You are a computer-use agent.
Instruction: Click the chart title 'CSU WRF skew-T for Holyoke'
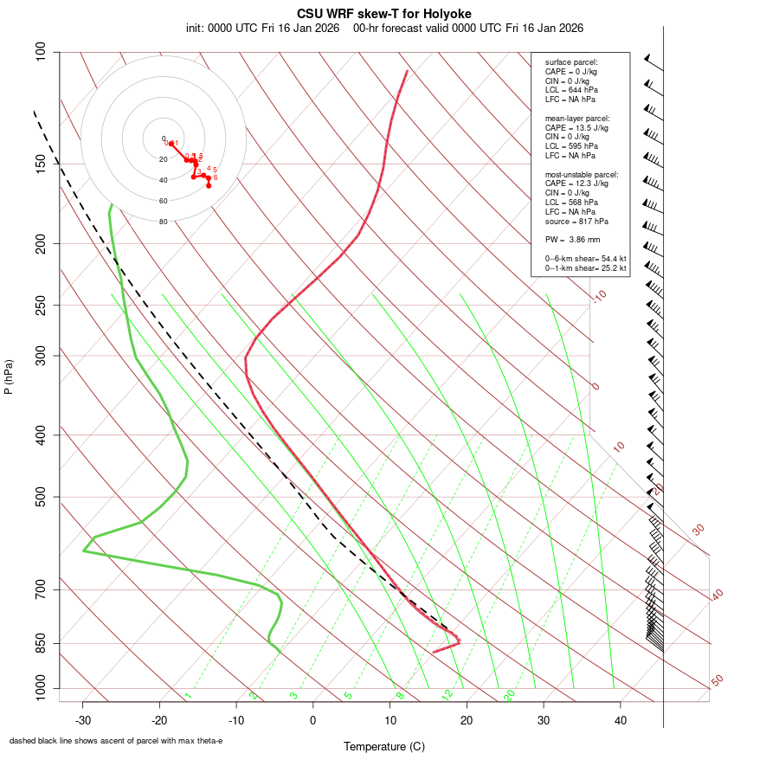point(383,14)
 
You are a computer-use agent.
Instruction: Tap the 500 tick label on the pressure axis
point(42,497)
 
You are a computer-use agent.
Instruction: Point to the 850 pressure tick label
point(42,643)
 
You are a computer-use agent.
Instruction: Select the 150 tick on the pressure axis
point(42,164)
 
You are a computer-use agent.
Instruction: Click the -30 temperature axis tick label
point(83,720)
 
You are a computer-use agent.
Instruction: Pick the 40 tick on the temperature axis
point(620,720)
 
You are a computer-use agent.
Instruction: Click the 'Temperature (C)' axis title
point(383,746)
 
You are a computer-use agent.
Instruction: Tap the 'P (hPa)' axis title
point(9,377)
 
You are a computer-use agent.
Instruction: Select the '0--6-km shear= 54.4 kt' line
point(585,259)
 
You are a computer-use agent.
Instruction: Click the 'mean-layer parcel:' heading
point(577,118)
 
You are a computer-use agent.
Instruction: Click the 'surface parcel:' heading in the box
point(571,62)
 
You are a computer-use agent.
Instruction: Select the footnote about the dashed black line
point(116,741)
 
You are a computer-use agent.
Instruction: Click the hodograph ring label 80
point(163,222)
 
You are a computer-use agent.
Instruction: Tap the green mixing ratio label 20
point(510,695)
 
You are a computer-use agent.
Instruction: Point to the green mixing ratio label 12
point(447,695)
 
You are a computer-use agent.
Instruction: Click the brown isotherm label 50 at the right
point(717,681)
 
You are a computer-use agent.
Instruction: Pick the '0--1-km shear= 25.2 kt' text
point(585,268)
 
